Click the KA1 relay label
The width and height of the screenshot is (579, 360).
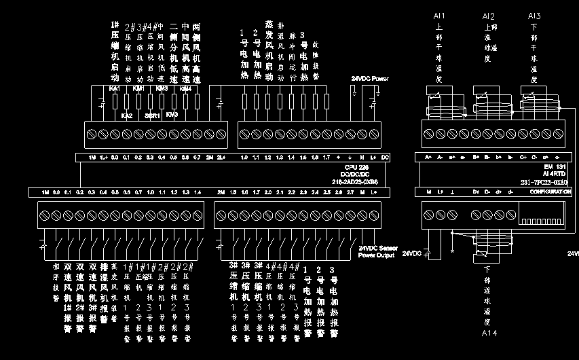pos(115,89)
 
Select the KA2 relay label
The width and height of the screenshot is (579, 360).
pos(126,115)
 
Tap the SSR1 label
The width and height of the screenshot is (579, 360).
pos(152,115)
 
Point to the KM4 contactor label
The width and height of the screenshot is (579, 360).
pos(185,89)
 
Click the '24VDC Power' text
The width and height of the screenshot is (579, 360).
pos(370,79)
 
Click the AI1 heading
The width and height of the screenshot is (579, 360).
pos(439,16)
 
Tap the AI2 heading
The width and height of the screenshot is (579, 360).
pos(488,16)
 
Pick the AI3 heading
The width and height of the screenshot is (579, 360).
pos(534,16)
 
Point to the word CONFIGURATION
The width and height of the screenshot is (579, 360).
pos(549,192)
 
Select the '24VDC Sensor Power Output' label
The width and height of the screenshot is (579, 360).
pos(378,252)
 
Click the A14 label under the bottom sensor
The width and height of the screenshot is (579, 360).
pos(489,334)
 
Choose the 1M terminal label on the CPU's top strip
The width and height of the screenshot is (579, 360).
pos(92,158)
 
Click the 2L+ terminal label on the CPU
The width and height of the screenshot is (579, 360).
pos(221,158)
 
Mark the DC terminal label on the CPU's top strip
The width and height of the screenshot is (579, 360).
pos(385,158)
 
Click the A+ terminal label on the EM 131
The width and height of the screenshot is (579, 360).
pos(429,158)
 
